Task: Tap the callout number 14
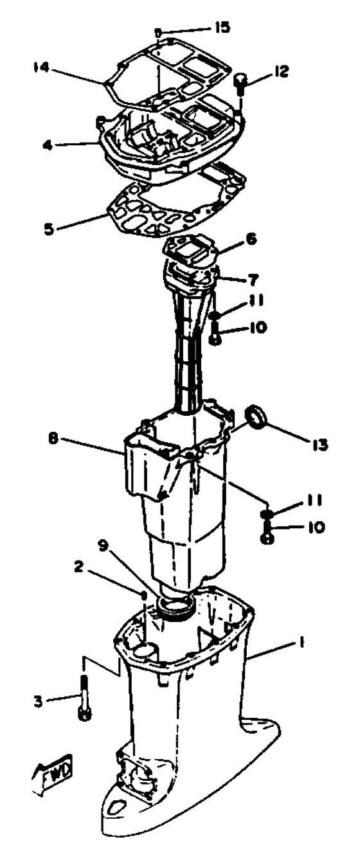[41, 68]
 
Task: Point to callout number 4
[47, 145]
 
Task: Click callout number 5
[48, 229]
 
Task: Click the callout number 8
[53, 439]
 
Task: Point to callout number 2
[78, 567]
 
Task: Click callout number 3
[39, 702]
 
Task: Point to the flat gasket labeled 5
[176, 203]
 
